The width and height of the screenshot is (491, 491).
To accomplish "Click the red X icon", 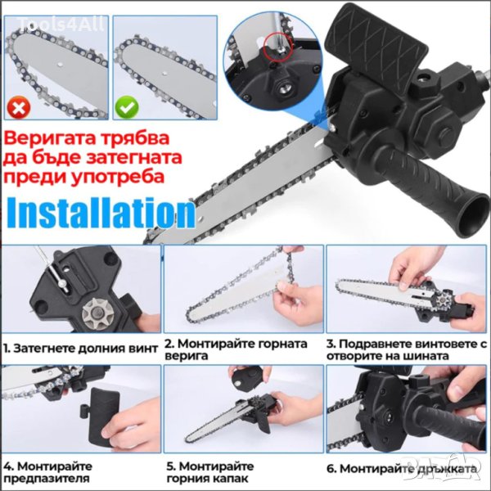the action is click(19, 107).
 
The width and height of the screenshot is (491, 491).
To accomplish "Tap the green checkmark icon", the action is click(127, 107).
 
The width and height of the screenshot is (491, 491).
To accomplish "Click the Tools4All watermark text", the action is click(61, 24).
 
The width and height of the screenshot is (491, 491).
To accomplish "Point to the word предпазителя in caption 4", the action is click(47, 479).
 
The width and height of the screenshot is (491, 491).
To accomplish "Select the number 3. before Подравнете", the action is click(331, 344).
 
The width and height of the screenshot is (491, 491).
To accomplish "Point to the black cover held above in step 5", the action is click(246, 376).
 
